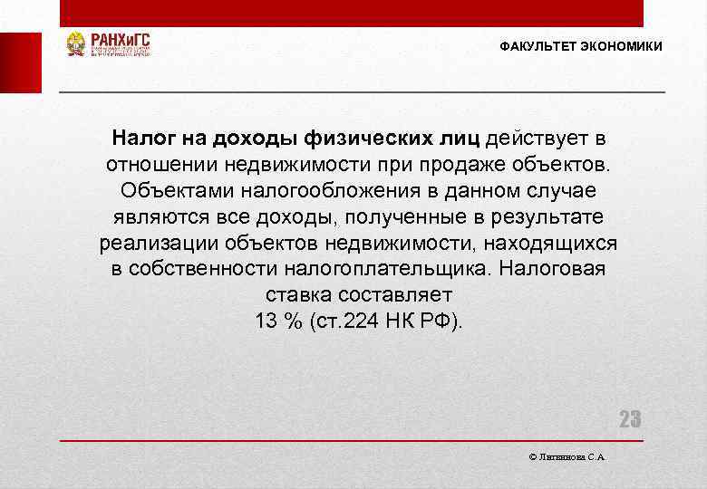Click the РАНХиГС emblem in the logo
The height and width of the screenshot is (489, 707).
pyautogui.click(x=76, y=44)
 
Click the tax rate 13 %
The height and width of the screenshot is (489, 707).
pyautogui.click(x=279, y=322)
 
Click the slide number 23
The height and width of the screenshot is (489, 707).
pyautogui.click(x=630, y=419)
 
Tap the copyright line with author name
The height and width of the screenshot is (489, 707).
pyautogui.click(x=567, y=458)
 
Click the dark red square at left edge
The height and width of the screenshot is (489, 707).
pyautogui.click(x=20, y=62)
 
